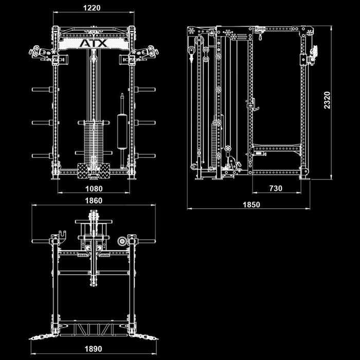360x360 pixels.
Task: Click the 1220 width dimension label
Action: [x=93, y=8]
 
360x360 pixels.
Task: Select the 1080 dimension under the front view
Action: [x=93, y=189]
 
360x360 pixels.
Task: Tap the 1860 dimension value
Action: [x=93, y=201]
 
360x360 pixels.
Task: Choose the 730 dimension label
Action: [x=276, y=189]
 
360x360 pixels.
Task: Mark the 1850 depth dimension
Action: [x=251, y=204]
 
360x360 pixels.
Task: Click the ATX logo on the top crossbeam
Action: [x=93, y=43]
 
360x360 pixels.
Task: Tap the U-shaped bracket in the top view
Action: [x=63, y=236]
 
